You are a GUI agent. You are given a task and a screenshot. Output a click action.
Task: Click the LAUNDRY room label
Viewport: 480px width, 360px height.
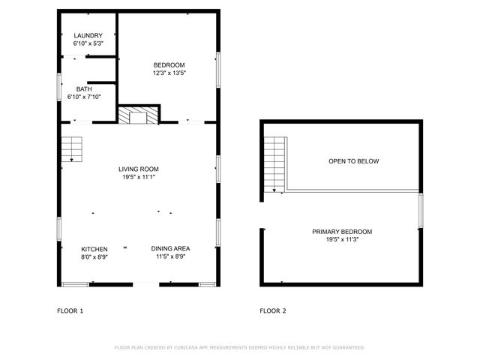point(88,35)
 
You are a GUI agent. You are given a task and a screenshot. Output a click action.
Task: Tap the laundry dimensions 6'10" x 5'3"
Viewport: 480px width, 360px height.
point(88,43)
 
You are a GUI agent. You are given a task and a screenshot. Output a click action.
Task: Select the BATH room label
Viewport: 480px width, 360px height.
point(84,89)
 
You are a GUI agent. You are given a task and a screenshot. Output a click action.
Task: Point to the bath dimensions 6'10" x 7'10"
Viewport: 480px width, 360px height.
point(84,97)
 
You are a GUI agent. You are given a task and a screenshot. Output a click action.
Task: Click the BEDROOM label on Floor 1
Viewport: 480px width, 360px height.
point(169,65)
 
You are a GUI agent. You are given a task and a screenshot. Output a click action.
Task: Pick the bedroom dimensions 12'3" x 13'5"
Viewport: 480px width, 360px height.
point(169,73)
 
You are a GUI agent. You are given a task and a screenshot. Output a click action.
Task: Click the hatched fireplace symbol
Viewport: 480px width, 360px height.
point(139,115)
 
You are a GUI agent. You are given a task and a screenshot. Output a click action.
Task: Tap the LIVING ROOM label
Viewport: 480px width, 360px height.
point(139,169)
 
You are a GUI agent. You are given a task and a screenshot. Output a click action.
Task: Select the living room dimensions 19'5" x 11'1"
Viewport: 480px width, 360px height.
point(139,177)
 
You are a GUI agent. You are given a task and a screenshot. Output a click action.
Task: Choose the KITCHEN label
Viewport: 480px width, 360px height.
point(94,249)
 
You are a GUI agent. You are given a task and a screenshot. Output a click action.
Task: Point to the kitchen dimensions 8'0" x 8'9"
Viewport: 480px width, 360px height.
point(94,257)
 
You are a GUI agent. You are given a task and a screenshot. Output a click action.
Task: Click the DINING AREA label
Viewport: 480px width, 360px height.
point(170,249)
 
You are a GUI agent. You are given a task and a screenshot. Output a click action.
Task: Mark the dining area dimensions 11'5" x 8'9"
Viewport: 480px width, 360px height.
point(170,257)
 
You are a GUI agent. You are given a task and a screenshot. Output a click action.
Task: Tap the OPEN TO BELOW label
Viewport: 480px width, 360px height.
point(354,161)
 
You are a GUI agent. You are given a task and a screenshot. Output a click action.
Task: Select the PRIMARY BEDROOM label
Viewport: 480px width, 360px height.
point(342,232)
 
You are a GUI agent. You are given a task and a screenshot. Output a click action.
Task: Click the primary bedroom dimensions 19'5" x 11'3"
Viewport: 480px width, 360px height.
point(342,240)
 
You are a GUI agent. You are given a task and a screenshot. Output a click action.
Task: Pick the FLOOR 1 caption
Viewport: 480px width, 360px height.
point(70,310)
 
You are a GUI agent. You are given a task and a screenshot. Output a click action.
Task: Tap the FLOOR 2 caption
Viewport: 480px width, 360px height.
point(272,310)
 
